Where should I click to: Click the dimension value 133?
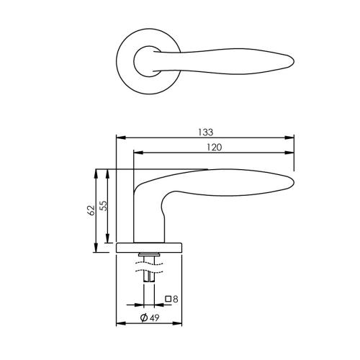click(207, 132)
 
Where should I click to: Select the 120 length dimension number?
click(213, 147)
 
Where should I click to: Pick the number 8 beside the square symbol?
click(175, 298)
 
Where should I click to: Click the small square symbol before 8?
click(168, 299)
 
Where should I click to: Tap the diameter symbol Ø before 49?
click(144, 318)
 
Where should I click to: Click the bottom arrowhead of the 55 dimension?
click(108, 240)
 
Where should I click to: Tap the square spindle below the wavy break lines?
click(150, 276)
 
